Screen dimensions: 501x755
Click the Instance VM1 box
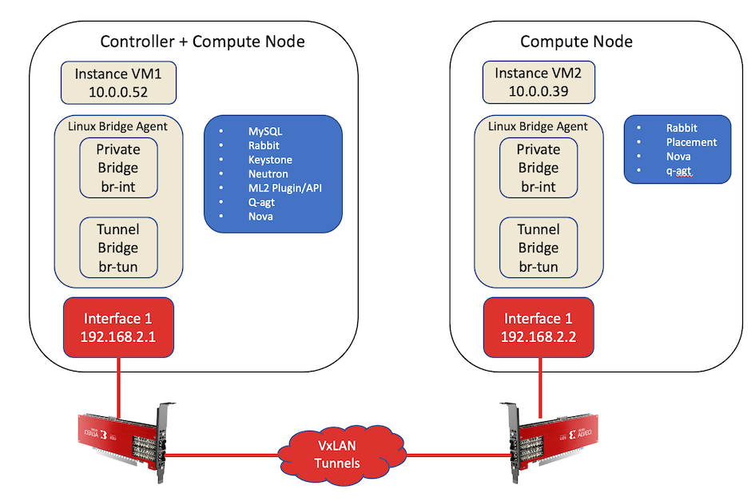pos(118,82)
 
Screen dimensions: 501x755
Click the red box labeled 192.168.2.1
pos(118,328)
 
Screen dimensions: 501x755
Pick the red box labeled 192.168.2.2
pos(538,328)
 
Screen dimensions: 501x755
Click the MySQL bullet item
pos(264,130)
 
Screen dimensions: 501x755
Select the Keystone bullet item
pos(270,159)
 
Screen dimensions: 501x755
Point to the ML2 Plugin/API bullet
pos(284,188)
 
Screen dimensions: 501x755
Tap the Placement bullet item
pos(691,142)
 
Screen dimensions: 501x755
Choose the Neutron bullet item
pos(268,173)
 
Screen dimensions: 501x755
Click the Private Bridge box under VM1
pos(118,168)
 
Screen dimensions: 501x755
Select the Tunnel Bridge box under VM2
pos(538,248)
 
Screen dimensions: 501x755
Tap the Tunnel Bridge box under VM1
pos(118,248)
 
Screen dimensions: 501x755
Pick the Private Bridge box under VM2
pos(538,168)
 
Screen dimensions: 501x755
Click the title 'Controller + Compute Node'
pos(202,42)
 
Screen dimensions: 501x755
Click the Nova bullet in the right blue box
pos(678,157)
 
